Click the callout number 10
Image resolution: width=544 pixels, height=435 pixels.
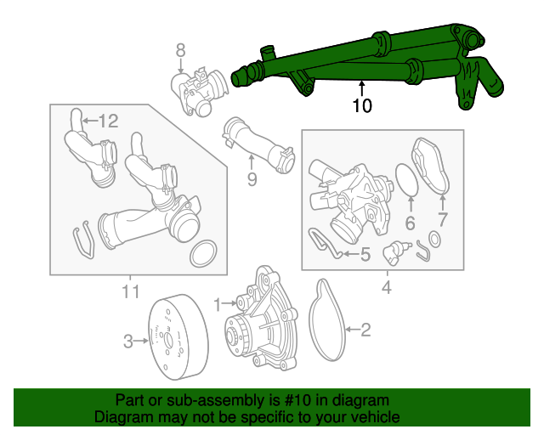[362, 106]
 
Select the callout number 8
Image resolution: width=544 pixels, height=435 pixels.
[180, 51]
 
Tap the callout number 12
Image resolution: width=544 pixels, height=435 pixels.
[108, 121]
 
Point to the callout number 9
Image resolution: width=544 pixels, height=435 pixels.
[252, 178]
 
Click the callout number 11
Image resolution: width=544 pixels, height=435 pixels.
[130, 293]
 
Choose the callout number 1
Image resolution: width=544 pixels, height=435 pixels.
[217, 302]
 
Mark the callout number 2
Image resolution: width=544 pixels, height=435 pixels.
[366, 330]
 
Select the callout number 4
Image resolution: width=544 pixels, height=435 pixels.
[386, 288]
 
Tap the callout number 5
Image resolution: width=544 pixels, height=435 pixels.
[365, 253]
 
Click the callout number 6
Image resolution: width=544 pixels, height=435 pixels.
[410, 224]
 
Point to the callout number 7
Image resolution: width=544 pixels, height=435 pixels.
[443, 224]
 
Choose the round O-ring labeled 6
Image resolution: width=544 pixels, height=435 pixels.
[407, 179]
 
